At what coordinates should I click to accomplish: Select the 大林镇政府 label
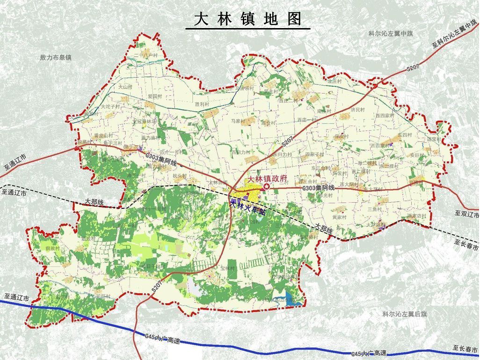point(267,179)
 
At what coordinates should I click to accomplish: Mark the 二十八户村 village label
point(145,56)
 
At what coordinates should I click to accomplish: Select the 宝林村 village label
point(228,268)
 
